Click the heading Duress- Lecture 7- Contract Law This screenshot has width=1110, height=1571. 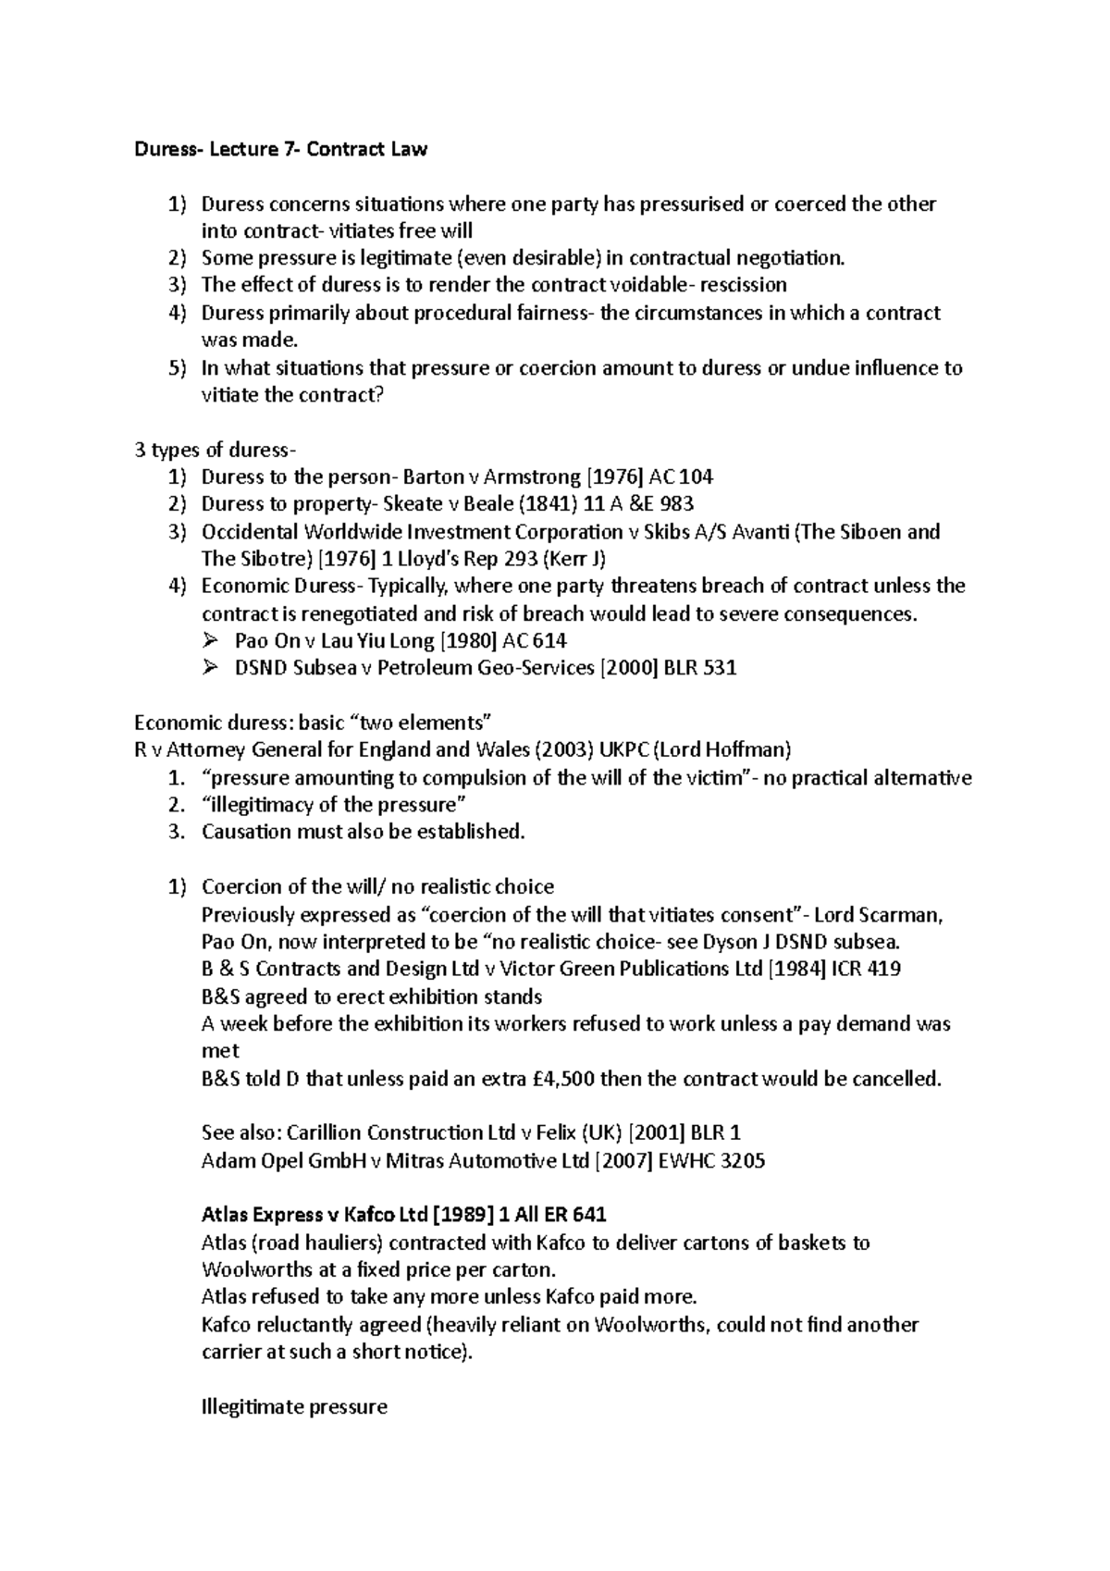tap(280, 149)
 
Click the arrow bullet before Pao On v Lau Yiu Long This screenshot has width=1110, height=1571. tap(209, 640)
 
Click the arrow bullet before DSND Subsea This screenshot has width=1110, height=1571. tap(209, 667)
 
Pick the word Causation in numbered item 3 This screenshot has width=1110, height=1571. tap(244, 832)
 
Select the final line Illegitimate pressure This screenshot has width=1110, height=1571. tap(294, 1407)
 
